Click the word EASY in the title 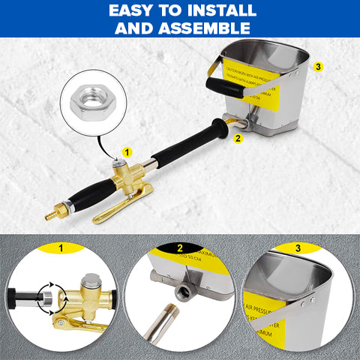(x=131, y=11)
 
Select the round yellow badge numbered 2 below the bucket (x=238, y=138)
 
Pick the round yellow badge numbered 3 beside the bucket (x=320, y=67)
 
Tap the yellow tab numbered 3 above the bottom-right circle (x=298, y=248)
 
